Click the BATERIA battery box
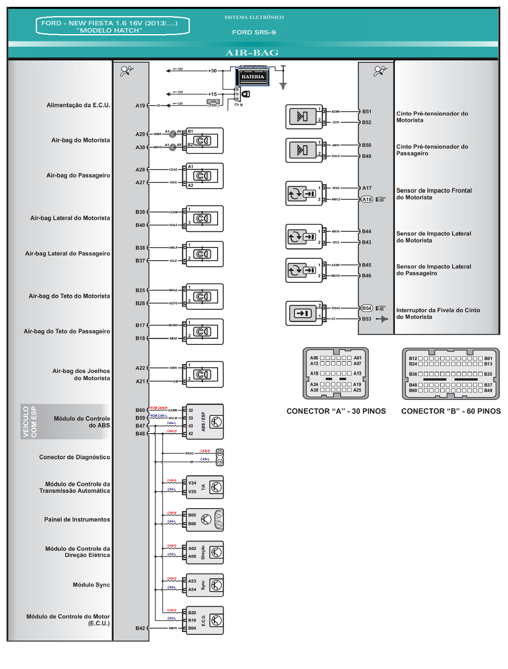(x=252, y=76)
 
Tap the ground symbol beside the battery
(x=283, y=85)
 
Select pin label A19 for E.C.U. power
(x=140, y=106)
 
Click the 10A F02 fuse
(x=213, y=103)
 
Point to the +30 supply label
(x=212, y=71)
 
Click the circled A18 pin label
(x=367, y=199)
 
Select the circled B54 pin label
(x=366, y=308)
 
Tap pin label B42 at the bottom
(x=140, y=628)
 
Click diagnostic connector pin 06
(x=220, y=453)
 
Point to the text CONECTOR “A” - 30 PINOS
(x=336, y=411)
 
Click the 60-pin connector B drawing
(x=450, y=374)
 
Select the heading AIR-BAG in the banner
(x=252, y=53)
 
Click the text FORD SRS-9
(x=254, y=32)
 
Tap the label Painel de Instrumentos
(x=77, y=519)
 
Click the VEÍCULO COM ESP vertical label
(x=29, y=422)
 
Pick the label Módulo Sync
(x=91, y=585)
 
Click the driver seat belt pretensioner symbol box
(x=304, y=117)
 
